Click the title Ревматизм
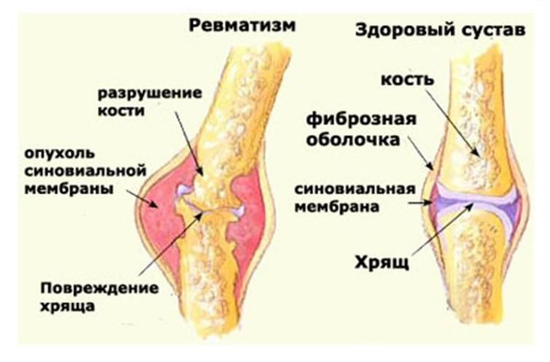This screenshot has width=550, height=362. pos(242,26)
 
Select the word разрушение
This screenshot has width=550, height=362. pos(150,93)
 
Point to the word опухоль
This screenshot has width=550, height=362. pos(60,154)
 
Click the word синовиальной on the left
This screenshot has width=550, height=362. pos(85,171)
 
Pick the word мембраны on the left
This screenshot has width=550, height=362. pos(69,188)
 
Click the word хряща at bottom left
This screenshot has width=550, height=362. pos(67,307)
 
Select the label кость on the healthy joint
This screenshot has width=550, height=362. pos(408,80)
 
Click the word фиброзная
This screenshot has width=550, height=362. pos(361,120)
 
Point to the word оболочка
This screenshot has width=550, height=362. pos(353,139)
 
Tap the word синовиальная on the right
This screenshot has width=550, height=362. pos(355,189)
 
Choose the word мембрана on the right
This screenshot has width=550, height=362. pos(337,207)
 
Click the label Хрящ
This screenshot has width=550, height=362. pos(381,263)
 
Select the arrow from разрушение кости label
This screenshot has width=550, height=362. pos(189,144)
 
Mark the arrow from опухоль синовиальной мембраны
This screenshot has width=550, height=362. pos(143,199)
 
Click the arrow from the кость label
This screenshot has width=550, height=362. pos(453,123)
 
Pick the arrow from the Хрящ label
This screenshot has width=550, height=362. pos(444,229)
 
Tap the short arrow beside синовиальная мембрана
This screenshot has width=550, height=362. pos(420,203)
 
